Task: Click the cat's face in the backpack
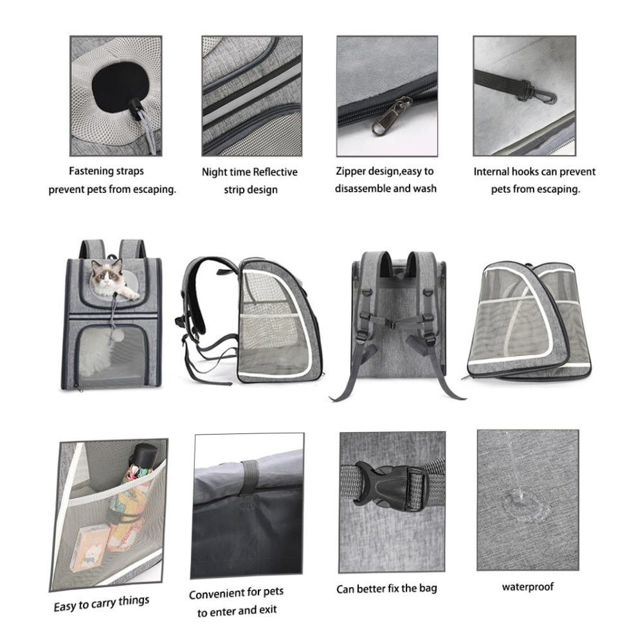[106, 276]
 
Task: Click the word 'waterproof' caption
[528, 587]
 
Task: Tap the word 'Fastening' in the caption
[91, 171]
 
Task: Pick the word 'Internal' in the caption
[492, 172]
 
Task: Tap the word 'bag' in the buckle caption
[428, 588]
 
